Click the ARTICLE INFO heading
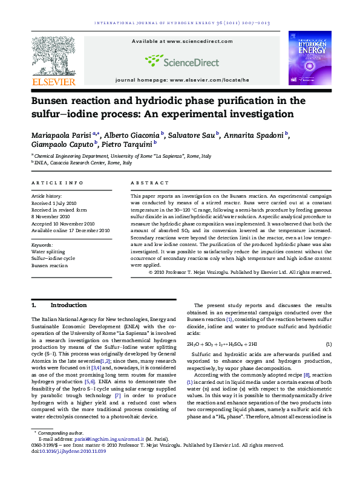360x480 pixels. coord(57,182)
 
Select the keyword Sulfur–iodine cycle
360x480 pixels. coord(53,258)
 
